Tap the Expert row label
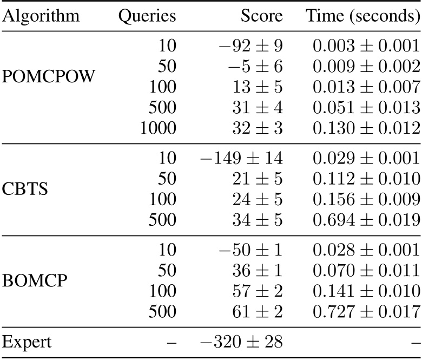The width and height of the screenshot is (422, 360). (28, 342)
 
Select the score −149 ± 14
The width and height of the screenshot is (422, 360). (242, 159)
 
